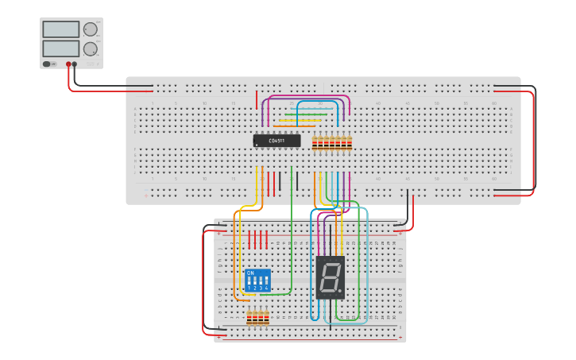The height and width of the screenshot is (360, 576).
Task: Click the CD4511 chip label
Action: [276, 141]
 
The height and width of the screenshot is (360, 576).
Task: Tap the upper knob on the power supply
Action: [90, 29]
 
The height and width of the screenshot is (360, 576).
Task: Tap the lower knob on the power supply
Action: [90, 48]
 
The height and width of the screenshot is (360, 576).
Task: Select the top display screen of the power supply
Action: [61, 29]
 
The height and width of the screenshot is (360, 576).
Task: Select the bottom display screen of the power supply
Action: [61, 48]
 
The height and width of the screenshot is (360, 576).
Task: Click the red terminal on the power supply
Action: [69, 64]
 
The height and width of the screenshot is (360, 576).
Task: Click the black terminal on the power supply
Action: [75, 64]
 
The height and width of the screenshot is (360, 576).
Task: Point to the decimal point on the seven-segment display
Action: [340, 291]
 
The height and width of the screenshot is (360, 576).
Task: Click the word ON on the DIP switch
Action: [250, 273]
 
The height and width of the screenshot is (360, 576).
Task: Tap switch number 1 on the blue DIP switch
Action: [249, 281]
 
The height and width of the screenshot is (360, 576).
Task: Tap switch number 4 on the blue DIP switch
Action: [266, 281]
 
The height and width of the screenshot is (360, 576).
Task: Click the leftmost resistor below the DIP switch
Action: [249, 318]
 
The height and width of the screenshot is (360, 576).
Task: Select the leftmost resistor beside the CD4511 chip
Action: [315, 143]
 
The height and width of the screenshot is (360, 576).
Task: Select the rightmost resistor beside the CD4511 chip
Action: [349, 143]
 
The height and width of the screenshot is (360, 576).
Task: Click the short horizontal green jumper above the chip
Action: [311, 114]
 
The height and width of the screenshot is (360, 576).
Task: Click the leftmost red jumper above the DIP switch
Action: [249, 240]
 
